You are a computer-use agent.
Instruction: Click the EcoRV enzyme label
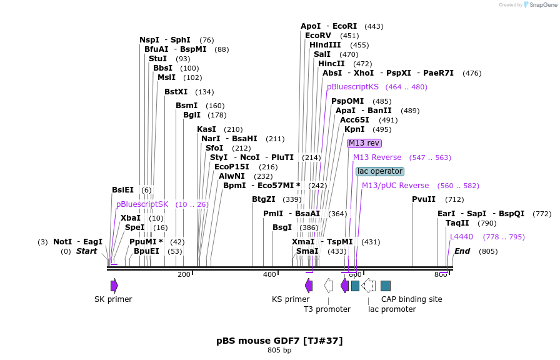tap(318, 36)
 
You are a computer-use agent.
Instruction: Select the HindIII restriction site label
tap(325, 45)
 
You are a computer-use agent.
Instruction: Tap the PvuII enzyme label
tap(424, 199)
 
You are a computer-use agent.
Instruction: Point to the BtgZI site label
tap(263, 199)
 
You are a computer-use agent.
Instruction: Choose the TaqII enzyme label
tap(457, 223)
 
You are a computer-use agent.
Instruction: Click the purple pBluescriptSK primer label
tap(142, 204)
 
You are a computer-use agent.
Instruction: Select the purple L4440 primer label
tap(461, 237)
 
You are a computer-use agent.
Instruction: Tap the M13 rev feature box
tap(364, 143)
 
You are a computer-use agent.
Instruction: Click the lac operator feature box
tap(380, 171)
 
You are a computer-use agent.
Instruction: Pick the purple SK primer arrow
tap(114, 286)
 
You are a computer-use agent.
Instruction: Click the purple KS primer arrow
tap(309, 286)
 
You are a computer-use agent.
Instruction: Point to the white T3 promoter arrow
tap(329, 286)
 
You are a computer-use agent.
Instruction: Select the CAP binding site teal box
tap(386, 286)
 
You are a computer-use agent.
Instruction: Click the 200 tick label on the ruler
tap(184, 274)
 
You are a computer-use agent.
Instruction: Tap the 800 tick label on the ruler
tap(441, 274)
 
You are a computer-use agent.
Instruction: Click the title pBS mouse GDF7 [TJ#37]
tap(279, 341)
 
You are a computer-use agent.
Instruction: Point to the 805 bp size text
tap(279, 351)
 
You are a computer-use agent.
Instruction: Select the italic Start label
tap(86, 251)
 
